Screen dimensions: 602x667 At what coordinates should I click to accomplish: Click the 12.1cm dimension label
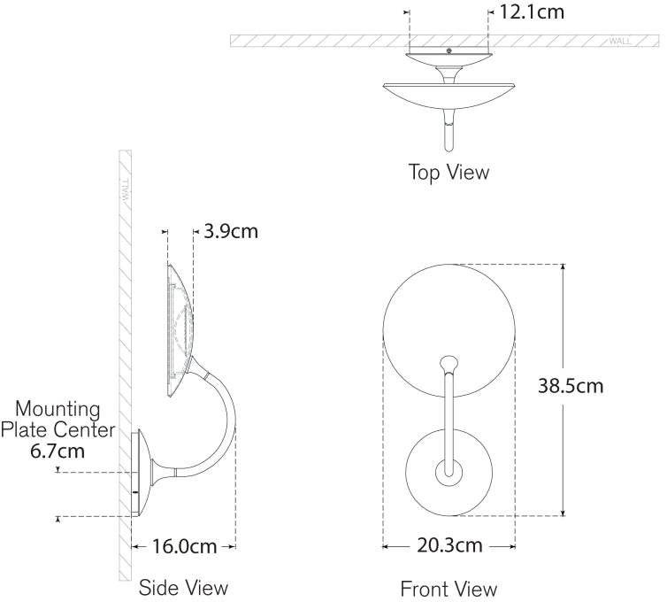coord(532,12)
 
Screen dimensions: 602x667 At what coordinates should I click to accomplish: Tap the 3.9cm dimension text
coord(231,232)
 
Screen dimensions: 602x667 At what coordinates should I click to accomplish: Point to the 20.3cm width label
coord(448,545)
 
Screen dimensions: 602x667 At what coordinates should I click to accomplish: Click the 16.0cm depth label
coord(183,546)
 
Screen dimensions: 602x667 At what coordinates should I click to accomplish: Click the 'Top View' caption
coord(448,172)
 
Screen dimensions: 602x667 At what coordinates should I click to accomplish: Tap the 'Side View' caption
coord(183,587)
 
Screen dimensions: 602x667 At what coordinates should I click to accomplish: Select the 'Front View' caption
coord(448,589)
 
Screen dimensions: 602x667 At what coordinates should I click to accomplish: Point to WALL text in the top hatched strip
coord(619,41)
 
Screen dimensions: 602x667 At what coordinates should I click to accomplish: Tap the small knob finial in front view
coord(449,362)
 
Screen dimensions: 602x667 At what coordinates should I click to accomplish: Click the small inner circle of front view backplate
coord(448,473)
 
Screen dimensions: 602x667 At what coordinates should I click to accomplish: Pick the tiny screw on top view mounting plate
coord(449,51)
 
